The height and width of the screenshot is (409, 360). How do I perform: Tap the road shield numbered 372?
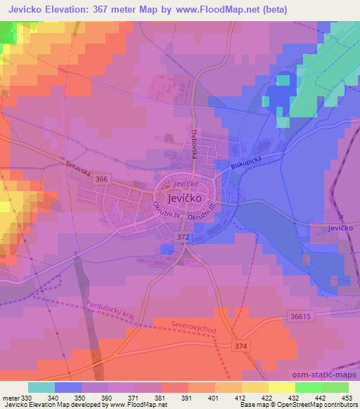tap(183, 238)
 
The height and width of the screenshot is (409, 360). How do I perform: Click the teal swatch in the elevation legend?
tap(41, 387)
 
